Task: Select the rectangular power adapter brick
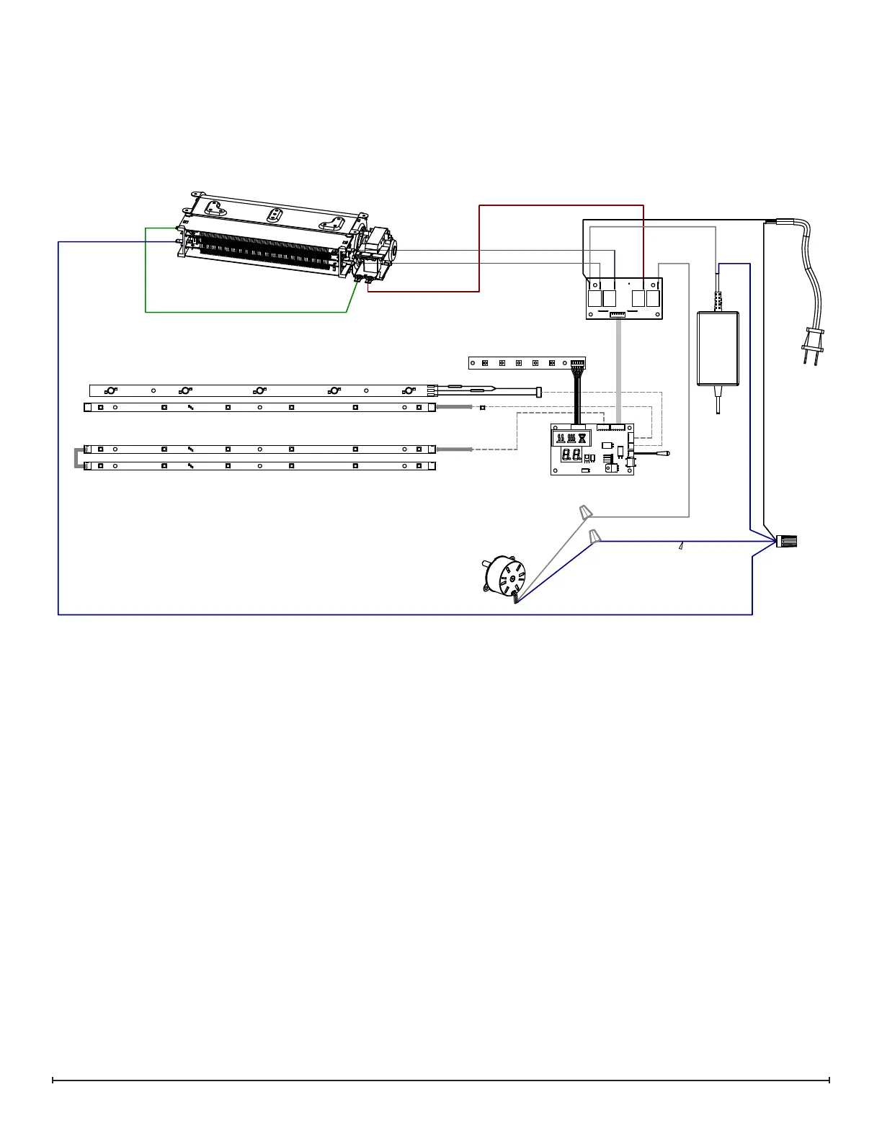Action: coord(718,349)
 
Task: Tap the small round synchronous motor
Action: coord(504,576)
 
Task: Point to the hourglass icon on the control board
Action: coord(582,438)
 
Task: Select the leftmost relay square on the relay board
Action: coord(594,298)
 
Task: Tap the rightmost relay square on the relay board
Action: coord(653,298)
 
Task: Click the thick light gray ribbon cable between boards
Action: coord(618,371)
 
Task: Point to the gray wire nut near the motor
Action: coord(587,513)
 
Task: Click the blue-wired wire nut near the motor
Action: coord(594,537)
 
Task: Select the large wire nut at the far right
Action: coord(788,540)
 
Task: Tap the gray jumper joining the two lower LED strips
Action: coord(77,458)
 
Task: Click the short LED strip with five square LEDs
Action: coord(519,363)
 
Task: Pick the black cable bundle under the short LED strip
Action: coord(577,396)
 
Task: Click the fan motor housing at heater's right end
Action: coord(378,252)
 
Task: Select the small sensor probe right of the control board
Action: coord(667,454)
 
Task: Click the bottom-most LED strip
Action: coord(259,466)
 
